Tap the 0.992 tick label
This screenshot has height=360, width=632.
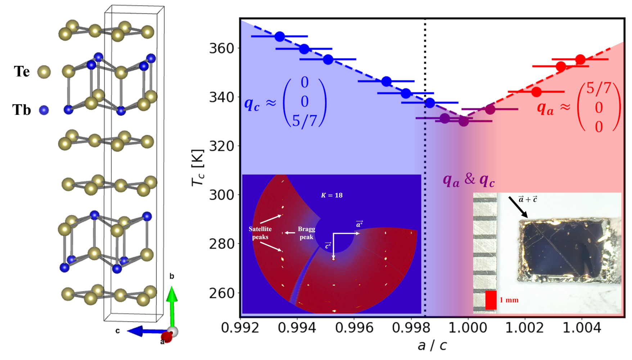point(240,328)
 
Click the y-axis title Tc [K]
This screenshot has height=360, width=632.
point(198,168)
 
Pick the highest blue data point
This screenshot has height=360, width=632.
point(280,36)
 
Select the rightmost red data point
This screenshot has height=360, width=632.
point(580,59)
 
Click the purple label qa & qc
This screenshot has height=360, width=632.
point(469,179)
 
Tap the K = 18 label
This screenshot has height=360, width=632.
point(331,195)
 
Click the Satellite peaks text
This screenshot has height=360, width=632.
point(260,233)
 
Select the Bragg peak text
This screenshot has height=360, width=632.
point(306,233)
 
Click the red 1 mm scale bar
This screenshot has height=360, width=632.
point(491,300)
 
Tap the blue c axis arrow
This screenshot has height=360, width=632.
point(144,331)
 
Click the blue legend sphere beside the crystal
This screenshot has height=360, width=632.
point(44,110)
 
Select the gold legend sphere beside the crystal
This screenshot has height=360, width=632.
point(44,72)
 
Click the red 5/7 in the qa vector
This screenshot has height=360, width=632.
point(599,88)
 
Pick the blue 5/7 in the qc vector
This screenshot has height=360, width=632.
point(304,121)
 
